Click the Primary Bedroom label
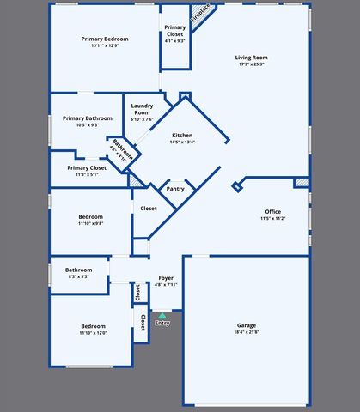pyautogui.click(x=104, y=39)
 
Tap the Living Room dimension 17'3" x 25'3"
pyautogui.click(x=251, y=64)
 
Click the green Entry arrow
pyautogui.click(x=162, y=316)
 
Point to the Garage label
pyautogui.click(x=247, y=325)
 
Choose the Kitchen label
pyautogui.click(x=182, y=136)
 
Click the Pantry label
pyautogui.click(x=175, y=189)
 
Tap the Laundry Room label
pyautogui.click(x=142, y=109)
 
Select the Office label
pyautogui.click(x=273, y=211)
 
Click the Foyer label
pyautogui.click(x=166, y=278)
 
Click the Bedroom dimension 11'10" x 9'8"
pyautogui.click(x=91, y=223)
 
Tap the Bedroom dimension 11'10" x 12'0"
pyautogui.click(x=94, y=332)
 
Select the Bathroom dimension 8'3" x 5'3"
pyautogui.click(x=79, y=276)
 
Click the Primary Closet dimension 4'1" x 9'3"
pyautogui.click(x=175, y=40)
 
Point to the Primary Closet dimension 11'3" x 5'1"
pyautogui.click(x=87, y=174)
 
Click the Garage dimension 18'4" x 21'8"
pyautogui.click(x=247, y=332)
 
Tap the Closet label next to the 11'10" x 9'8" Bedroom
pyautogui.click(x=149, y=209)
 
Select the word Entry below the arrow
pyautogui.click(x=162, y=324)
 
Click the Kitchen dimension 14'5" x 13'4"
pyautogui.click(x=182, y=142)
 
